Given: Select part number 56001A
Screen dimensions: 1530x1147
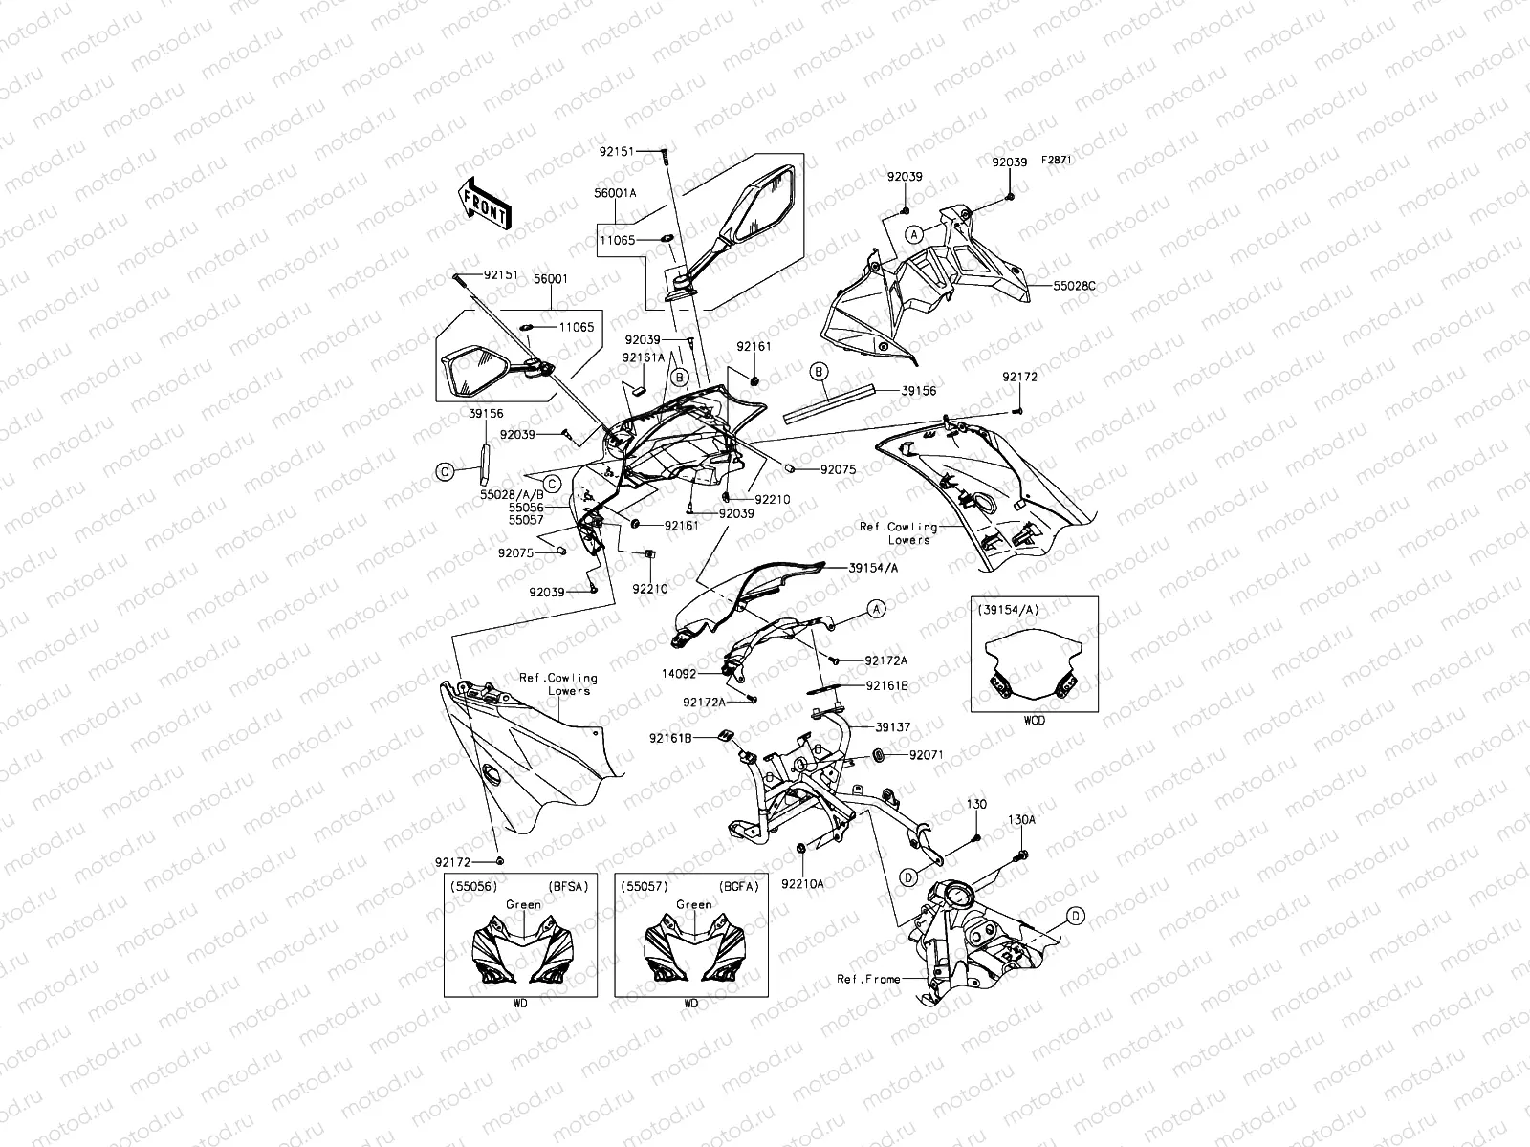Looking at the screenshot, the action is (x=615, y=193).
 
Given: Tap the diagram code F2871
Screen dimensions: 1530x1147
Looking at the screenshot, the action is (x=1057, y=160).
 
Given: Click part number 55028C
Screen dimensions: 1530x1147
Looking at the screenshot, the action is (x=1074, y=286).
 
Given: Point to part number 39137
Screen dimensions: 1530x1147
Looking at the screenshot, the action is (x=893, y=727).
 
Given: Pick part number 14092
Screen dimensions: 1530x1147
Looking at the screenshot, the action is (x=679, y=674).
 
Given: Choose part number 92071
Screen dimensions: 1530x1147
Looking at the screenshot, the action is (x=927, y=754).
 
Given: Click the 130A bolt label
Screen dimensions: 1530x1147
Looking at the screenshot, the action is (x=1021, y=820).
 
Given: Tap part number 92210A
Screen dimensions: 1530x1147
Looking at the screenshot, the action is (x=802, y=884).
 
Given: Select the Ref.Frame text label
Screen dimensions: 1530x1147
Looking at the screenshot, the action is (x=868, y=979).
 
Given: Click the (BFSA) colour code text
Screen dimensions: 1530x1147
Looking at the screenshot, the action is (x=568, y=887).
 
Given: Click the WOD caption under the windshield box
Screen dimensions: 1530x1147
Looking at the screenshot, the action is (x=1035, y=721).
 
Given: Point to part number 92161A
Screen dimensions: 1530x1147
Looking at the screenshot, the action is (x=644, y=357).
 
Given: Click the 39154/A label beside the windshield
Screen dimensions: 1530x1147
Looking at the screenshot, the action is (x=873, y=568).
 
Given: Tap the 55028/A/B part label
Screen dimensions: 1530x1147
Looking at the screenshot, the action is (x=512, y=494).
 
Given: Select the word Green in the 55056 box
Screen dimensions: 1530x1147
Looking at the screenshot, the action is (x=523, y=904).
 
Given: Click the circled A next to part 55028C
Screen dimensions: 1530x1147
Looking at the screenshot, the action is (x=914, y=235).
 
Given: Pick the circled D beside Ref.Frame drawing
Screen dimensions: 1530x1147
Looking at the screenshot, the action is (x=1076, y=916).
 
